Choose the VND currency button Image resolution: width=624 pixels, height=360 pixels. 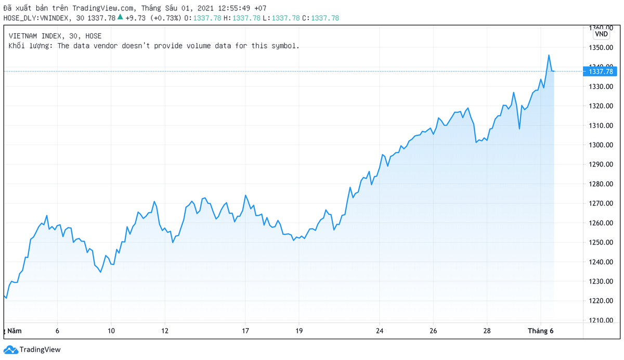[x=601, y=34]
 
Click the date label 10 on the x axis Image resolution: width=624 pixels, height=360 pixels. [x=111, y=331]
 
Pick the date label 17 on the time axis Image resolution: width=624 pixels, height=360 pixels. [x=245, y=331]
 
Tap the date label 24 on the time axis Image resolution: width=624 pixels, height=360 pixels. [x=380, y=331]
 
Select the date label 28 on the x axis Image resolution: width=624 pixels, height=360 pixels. [x=487, y=331]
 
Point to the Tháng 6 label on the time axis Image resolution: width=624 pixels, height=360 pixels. [x=540, y=331]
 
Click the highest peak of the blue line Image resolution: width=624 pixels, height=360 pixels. [x=549, y=55]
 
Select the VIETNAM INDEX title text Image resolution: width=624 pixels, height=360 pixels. [x=35, y=36]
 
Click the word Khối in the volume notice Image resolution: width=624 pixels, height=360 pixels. [x=17, y=46]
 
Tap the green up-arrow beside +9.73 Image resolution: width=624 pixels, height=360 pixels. [x=120, y=17]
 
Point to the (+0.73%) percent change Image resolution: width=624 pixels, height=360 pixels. [x=166, y=18]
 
